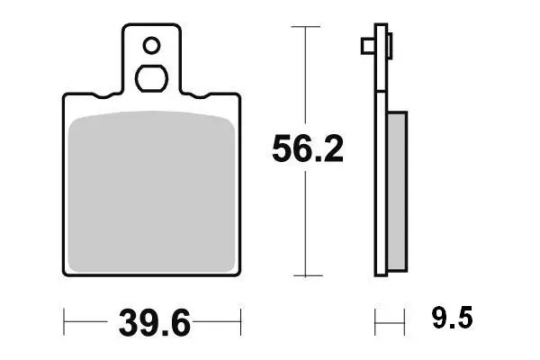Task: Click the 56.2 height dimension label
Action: pyautogui.click(x=308, y=148)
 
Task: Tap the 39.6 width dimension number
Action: pyautogui.click(x=154, y=323)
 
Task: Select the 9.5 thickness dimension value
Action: pyautogui.click(x=452, y=318)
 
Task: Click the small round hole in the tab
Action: pyautogui.click(x=151, y=46)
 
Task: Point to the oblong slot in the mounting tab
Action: pyautogui.click(x=151, y=78)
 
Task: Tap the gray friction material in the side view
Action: pyautogui.click(x=398, y=191)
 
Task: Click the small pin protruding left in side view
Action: pyautogui.click(x=368, y=46)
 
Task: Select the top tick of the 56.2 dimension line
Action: pyautogui.click(x=305, y=26)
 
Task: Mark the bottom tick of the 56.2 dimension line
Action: pyautogui.click(x=308, y=275)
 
